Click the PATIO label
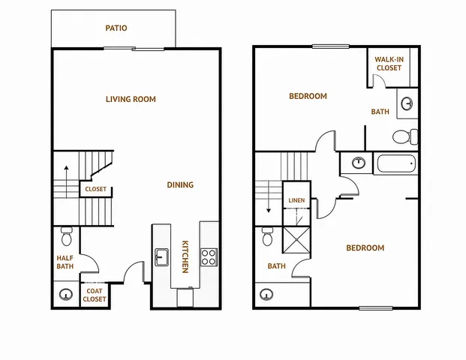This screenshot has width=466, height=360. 116,28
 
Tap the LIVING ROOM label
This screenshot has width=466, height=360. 131,99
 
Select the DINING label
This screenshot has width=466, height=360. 180,184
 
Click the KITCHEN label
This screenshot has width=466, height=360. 185,256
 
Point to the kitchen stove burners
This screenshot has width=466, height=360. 209,257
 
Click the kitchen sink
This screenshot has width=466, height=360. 161,257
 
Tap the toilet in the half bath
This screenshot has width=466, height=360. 67,236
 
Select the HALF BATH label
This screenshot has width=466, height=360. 65,262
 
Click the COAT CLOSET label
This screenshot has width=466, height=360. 95,295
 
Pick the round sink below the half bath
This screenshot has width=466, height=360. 66,294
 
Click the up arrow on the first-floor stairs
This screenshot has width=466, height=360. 66,181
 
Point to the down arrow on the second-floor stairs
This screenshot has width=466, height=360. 269,196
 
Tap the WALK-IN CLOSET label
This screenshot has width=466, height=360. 389,64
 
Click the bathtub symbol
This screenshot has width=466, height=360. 396,163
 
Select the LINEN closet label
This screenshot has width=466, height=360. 296,200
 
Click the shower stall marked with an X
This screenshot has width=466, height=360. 296,240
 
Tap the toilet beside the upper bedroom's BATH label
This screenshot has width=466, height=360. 405,136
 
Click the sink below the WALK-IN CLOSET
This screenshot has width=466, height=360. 407,103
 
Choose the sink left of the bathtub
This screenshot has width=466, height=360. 359,163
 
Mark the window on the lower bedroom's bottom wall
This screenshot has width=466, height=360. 376,308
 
